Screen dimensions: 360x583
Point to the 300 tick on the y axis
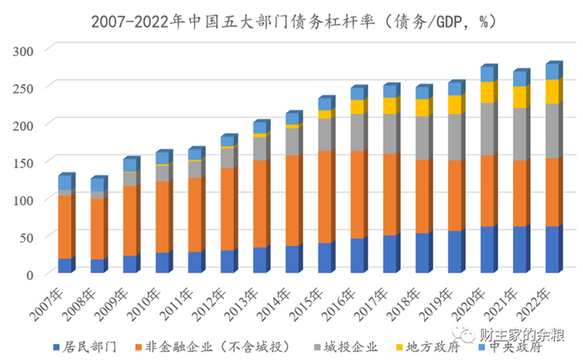[x=23, y=50]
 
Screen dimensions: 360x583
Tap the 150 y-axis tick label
[x=23, y=125]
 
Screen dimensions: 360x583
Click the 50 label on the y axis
[x=27, y=237]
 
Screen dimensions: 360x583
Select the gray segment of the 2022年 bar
[x=552, y=131]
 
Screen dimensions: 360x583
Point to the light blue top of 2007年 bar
[x=64, y=182]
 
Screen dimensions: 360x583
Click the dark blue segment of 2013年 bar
[x=260, y=260]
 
